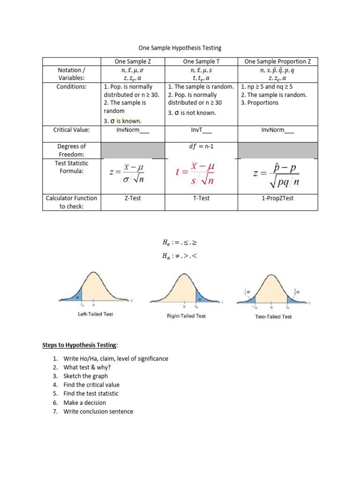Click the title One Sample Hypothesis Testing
[180, 48]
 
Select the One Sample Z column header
[133, 61]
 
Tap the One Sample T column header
[202, 61]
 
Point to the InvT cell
[202, 130]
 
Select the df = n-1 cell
[202, 146]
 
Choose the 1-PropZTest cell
[277, 198]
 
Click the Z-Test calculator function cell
[133, 198]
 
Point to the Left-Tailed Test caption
[95, 314]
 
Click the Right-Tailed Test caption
[186, 316]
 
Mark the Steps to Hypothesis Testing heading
[80, 345]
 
